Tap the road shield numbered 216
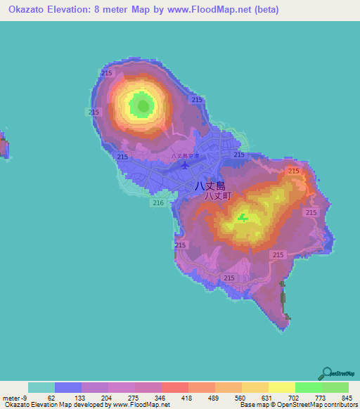[x=157, y=203]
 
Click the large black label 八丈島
[x=210, y=187]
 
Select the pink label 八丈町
[x=217, y=197]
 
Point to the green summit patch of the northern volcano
[x=144, y=107]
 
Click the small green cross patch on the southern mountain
[x=243, y=218]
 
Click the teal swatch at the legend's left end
[x=41, y=387]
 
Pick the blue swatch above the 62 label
[x=68, y=387]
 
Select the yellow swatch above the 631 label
[x=255, y=387]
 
